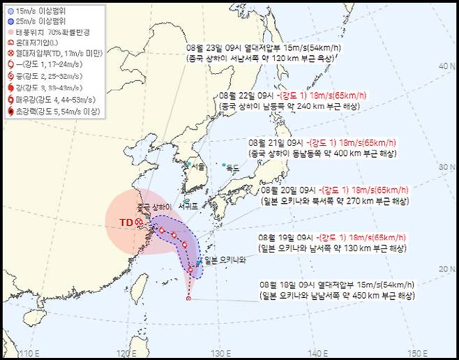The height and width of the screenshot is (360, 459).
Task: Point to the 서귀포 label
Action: [x=188, y=207]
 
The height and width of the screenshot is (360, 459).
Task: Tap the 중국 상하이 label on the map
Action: [x=154, y=207]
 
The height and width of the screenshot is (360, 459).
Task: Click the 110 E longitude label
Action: [x=29, y=352]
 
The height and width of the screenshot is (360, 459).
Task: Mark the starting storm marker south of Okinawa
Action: [x=188, y=299]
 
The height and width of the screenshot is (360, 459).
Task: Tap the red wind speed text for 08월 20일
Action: [x=366, y=190]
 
